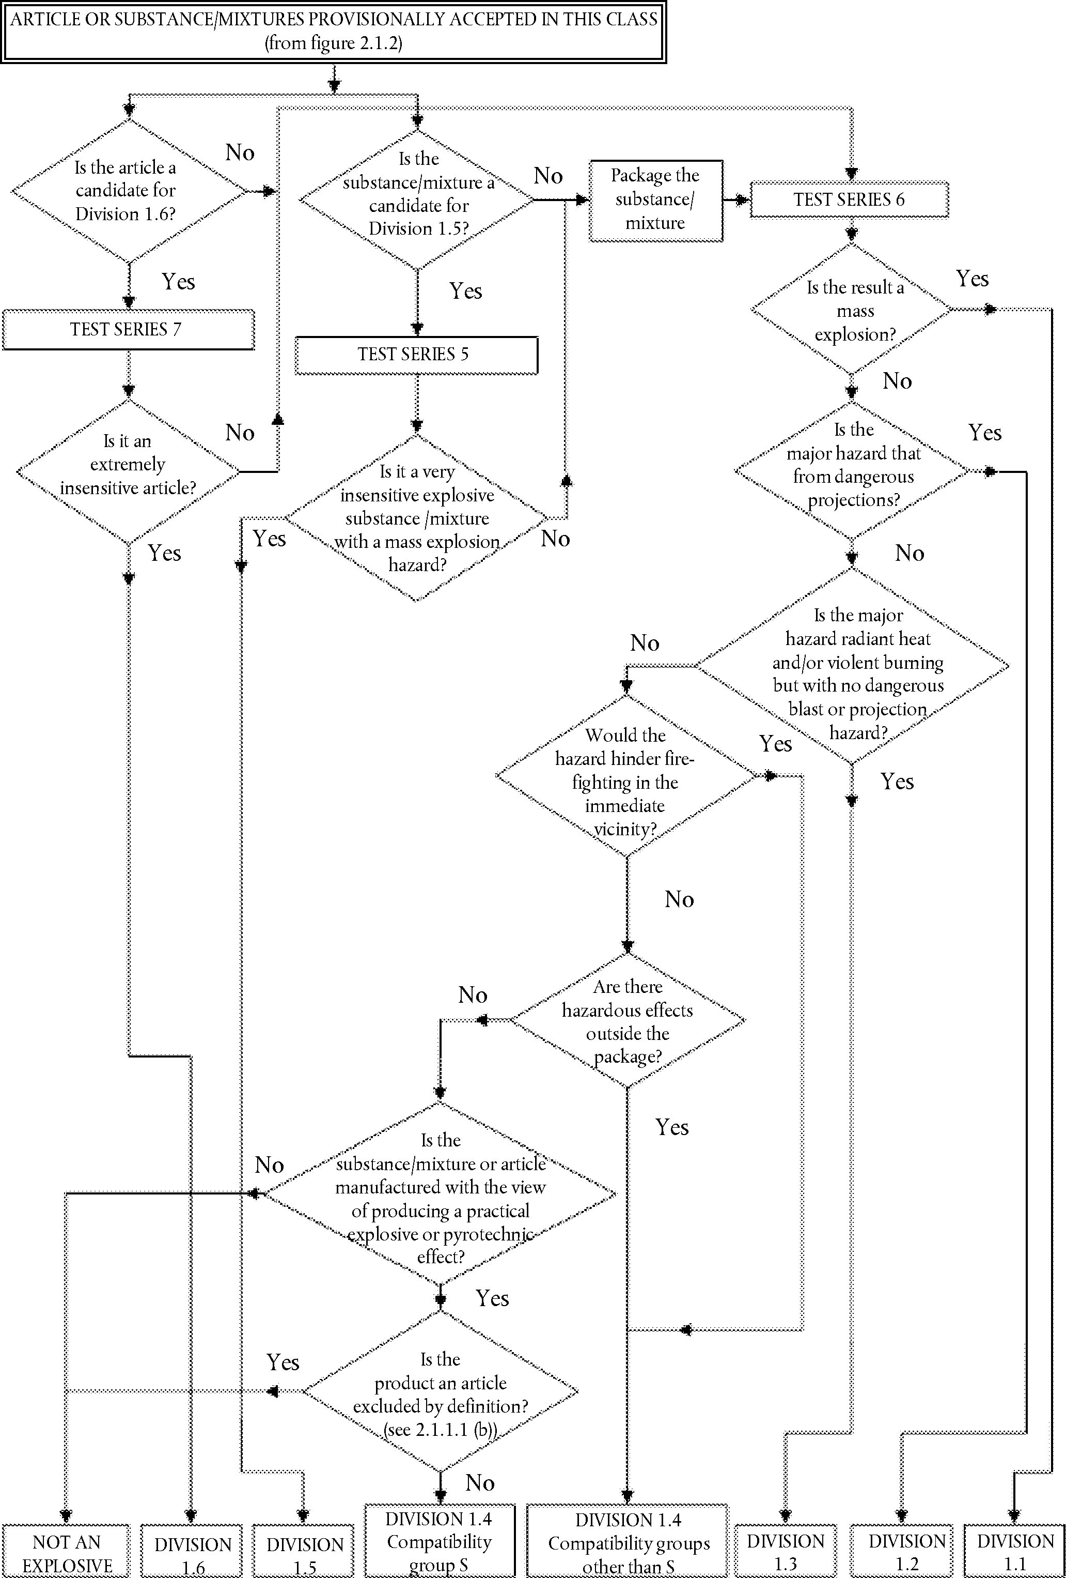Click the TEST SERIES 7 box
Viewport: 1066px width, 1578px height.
click(x=128, y=329)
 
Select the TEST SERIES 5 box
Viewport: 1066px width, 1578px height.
click(x=416, y=355)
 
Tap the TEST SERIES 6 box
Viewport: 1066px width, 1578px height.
click(x=849, y=200)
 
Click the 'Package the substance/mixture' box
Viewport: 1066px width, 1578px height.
click(x=655, y=200)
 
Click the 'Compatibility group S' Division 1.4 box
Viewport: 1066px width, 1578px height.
click(x=439, y=1541)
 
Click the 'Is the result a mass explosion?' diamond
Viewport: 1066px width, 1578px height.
click(x=852, y=310)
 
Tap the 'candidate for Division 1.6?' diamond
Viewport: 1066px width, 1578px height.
click(x=128, y=191)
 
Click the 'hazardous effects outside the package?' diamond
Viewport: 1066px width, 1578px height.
click(x=628, y=1020)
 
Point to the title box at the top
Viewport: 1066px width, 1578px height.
click(x=333, y=31)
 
